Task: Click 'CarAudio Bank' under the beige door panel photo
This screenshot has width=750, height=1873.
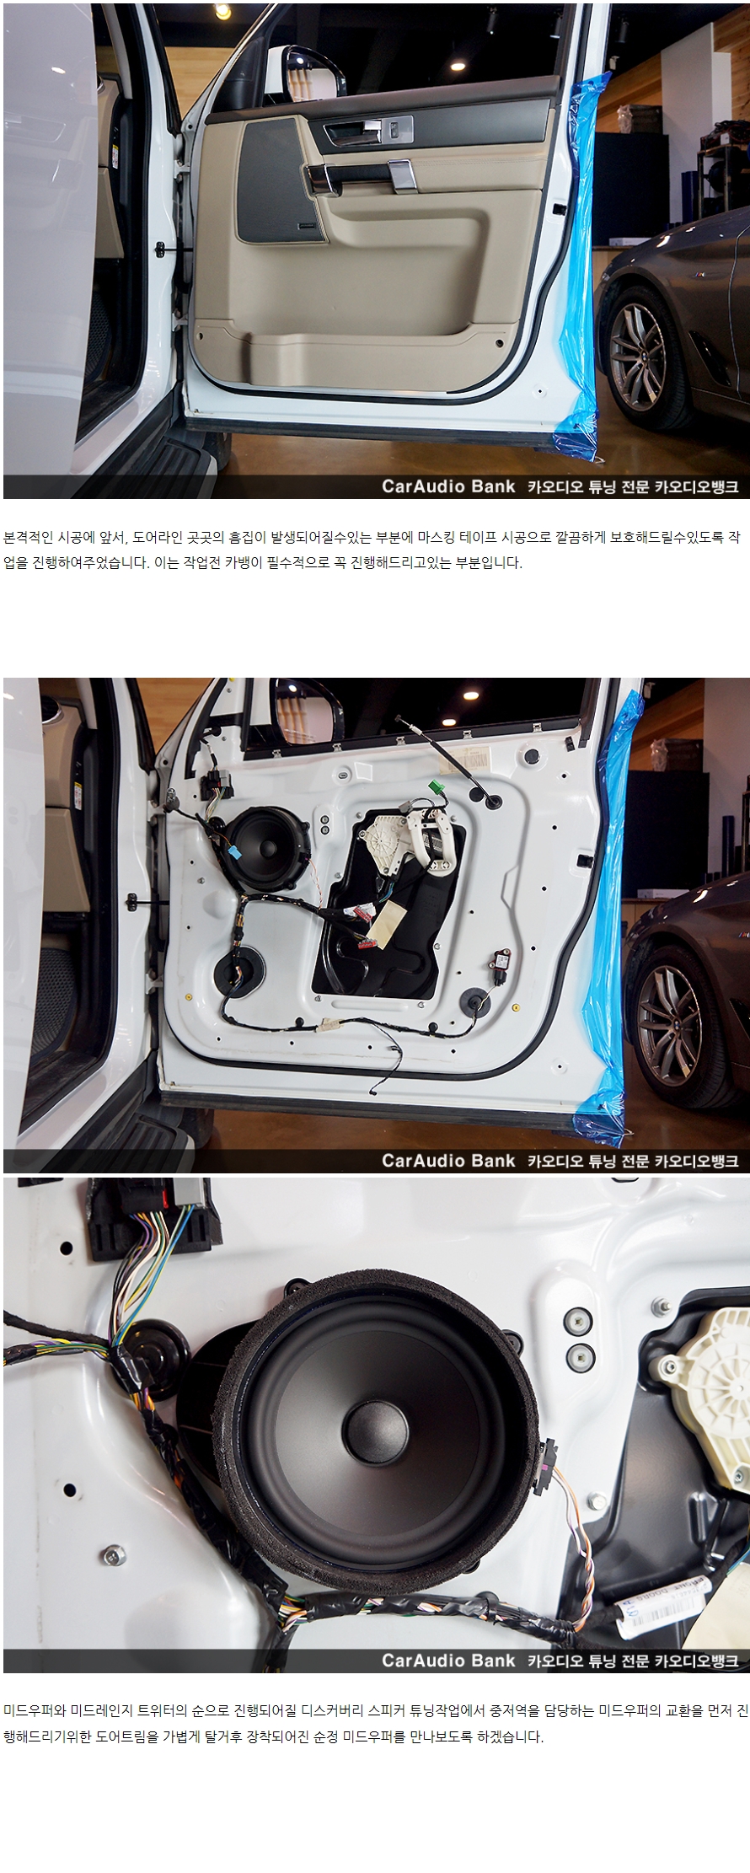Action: click(448, 486)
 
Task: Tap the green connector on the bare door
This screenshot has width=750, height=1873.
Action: click(437, 786)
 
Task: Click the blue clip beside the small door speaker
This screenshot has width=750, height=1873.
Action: click(233, 853)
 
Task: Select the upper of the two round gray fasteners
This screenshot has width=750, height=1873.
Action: click(578, 1321)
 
